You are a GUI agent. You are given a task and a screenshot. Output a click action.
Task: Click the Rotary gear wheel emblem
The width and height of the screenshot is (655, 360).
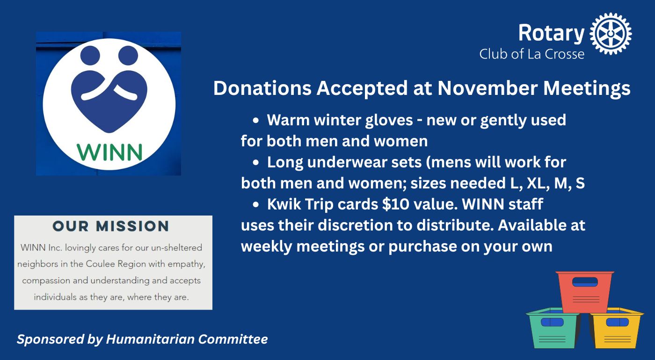click(x=611, y=33)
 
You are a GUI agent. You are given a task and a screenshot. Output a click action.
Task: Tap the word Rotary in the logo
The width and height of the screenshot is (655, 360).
click(x=551, y=34)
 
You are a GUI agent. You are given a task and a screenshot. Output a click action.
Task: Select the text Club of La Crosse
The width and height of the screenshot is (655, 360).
click(x=531, y=54)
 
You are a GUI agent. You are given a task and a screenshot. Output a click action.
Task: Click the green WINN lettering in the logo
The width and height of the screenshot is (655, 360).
click(x=109, y=152)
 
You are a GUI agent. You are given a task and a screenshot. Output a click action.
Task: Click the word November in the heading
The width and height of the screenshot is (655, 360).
click(x=488, y=88)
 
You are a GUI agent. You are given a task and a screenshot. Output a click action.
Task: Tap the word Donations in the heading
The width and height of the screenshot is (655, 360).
click(x=262, y=88)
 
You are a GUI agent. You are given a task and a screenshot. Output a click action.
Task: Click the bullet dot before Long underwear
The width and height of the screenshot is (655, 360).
click(x=255, y=163)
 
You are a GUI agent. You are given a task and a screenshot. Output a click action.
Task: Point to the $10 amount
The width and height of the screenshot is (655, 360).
click(x=396, y=204)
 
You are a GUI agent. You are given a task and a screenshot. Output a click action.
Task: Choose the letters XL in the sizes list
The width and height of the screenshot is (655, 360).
click(x=536, y=183)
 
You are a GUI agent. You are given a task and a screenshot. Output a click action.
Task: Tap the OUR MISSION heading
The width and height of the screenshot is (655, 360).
click(x=111, y=226)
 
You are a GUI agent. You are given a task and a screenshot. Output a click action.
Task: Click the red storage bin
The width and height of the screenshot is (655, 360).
click(x=584, y=292)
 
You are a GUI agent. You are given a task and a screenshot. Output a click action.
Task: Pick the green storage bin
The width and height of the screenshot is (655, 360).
click(x=553, y=328)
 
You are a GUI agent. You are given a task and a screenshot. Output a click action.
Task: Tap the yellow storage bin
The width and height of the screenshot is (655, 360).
click(x=617, y=328)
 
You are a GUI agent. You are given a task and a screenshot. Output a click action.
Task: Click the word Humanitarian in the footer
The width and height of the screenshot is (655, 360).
click(x=150, y=339)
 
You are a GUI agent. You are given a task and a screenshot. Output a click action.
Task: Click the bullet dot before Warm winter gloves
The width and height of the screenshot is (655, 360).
click(x=255, y=121)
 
